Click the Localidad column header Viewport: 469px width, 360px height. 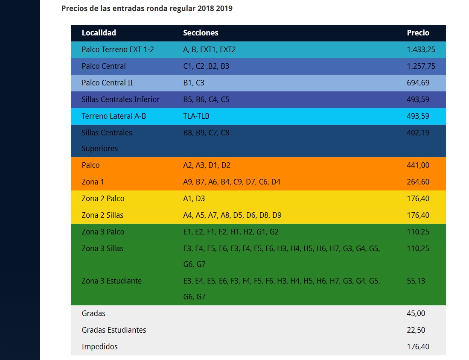click(x=99, y=32)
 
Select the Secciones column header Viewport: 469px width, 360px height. click(x=201, y=32)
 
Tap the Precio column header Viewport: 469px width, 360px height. click(x=418, y=32)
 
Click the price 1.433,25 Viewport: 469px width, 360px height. click(x=421, y=50)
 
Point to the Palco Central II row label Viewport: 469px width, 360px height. click(x=107, y=82)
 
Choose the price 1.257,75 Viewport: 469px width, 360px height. click(x=421, y=66)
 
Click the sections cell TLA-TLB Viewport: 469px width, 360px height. click(x=196, y=116)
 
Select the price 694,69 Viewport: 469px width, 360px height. click(x=418, y=82)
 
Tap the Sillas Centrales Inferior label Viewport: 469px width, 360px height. click(x=120, y=100)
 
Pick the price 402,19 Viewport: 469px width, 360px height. click(x=418, y=132)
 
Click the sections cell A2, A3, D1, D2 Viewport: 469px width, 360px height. click(x=207, y=165)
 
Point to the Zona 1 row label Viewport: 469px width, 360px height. click(x=93, y=181)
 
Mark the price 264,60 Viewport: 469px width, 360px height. click(x=418, y=181)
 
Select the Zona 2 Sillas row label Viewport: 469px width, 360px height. click(x=102, y=215)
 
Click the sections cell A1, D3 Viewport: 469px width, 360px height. click(x=194, y=199)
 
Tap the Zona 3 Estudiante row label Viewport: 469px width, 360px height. click(x=111, y=281)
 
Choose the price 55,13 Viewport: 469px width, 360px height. click(x=416, y=281)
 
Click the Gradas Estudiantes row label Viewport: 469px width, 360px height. click(x=114, y=330)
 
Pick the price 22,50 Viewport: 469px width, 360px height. click(x=416, y=330)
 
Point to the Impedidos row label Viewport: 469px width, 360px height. click(x=99, y=346)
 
